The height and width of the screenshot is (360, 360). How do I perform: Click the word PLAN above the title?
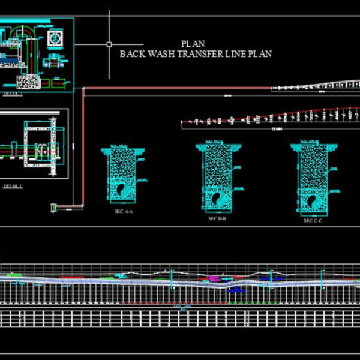coord(193,43)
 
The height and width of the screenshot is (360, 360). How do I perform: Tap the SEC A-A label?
coord(124,212)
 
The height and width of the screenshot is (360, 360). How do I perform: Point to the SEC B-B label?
coord(217,219)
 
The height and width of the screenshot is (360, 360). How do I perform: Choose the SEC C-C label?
coord(313,221)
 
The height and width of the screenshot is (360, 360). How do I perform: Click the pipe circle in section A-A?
coord(122,188)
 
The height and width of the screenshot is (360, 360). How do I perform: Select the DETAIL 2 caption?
coord(13,186)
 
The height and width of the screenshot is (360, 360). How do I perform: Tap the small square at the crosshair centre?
coord(109,44)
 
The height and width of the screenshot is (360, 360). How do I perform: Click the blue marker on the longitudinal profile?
coord(236,289)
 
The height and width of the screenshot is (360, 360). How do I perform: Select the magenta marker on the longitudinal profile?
coord(214,278)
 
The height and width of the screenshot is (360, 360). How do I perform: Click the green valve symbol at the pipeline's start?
coord(53,208)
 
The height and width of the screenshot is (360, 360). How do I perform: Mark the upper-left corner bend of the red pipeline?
coord(83,90)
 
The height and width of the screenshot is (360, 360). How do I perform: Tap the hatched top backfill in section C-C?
coord(313,165)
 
